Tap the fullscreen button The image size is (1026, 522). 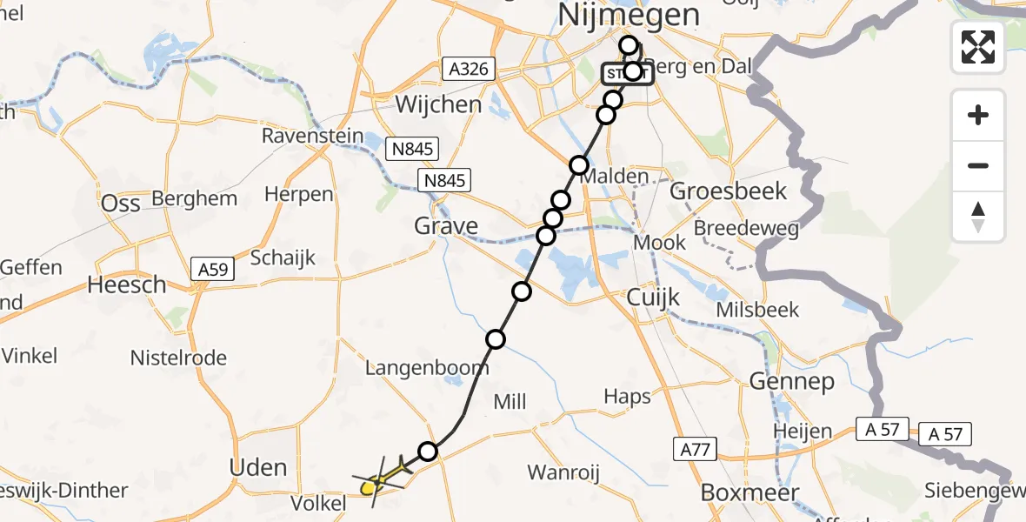978,47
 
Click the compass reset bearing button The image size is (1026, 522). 978,217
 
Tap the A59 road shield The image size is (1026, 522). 212,270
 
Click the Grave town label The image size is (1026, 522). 446,226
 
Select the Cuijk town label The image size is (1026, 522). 653,298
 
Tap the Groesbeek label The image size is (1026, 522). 729,191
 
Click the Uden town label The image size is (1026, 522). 257,468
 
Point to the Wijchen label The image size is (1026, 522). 438,104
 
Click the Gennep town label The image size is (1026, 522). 790,381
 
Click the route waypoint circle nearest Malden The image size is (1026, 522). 579,165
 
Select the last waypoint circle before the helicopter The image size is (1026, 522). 427,451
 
